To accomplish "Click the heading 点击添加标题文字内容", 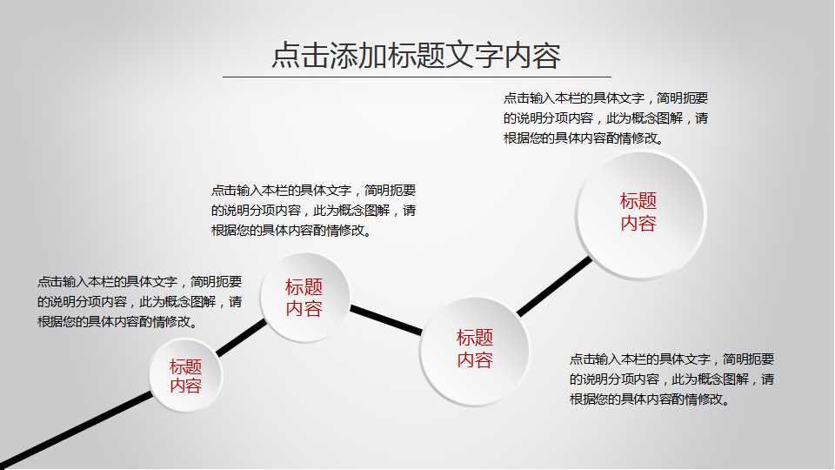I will click(x=416, y=55).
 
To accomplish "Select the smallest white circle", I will click(x=185, y=376).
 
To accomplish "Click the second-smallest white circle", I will click(x=304, y=296).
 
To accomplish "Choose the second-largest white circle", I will click(x=475, y=350).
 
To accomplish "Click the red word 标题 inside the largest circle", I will click(x=638, y=200).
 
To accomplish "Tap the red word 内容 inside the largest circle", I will click(x=638, y=223).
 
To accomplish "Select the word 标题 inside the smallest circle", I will click(x=185, y=366).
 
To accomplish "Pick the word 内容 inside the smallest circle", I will click(x=185, y=386).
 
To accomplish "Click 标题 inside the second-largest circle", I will click(x=475, y=337).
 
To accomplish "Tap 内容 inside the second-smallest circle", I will click(x=304, y=308).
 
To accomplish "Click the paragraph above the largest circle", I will click(x=605, y=117).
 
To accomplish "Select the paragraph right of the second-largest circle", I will click(x=671, y=379).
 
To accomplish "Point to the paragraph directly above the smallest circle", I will click(x=139, y=301).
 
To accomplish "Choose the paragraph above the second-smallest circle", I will click(x=313, y=210).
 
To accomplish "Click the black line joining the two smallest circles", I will click(x=242, y=338).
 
